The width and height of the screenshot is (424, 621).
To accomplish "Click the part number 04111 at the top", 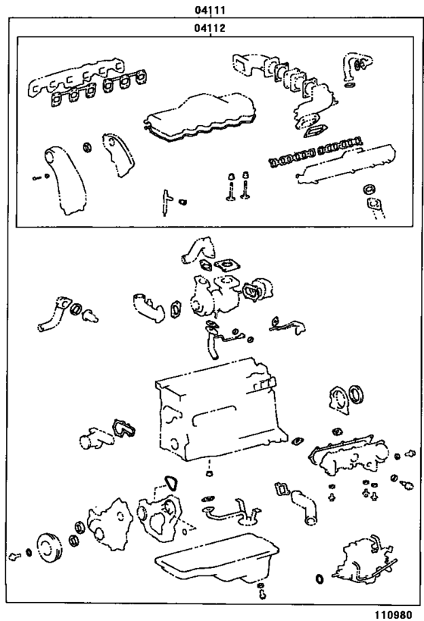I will pyautogui.click(x=212, y=11).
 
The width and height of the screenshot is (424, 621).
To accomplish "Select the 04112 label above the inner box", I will pyautogui.click(x=212, y=28).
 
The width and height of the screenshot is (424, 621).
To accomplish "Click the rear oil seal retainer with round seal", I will pyautogui.click(x=345, y=400).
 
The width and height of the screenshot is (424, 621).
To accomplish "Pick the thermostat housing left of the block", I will pyautogui.click(x=95, y=439).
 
